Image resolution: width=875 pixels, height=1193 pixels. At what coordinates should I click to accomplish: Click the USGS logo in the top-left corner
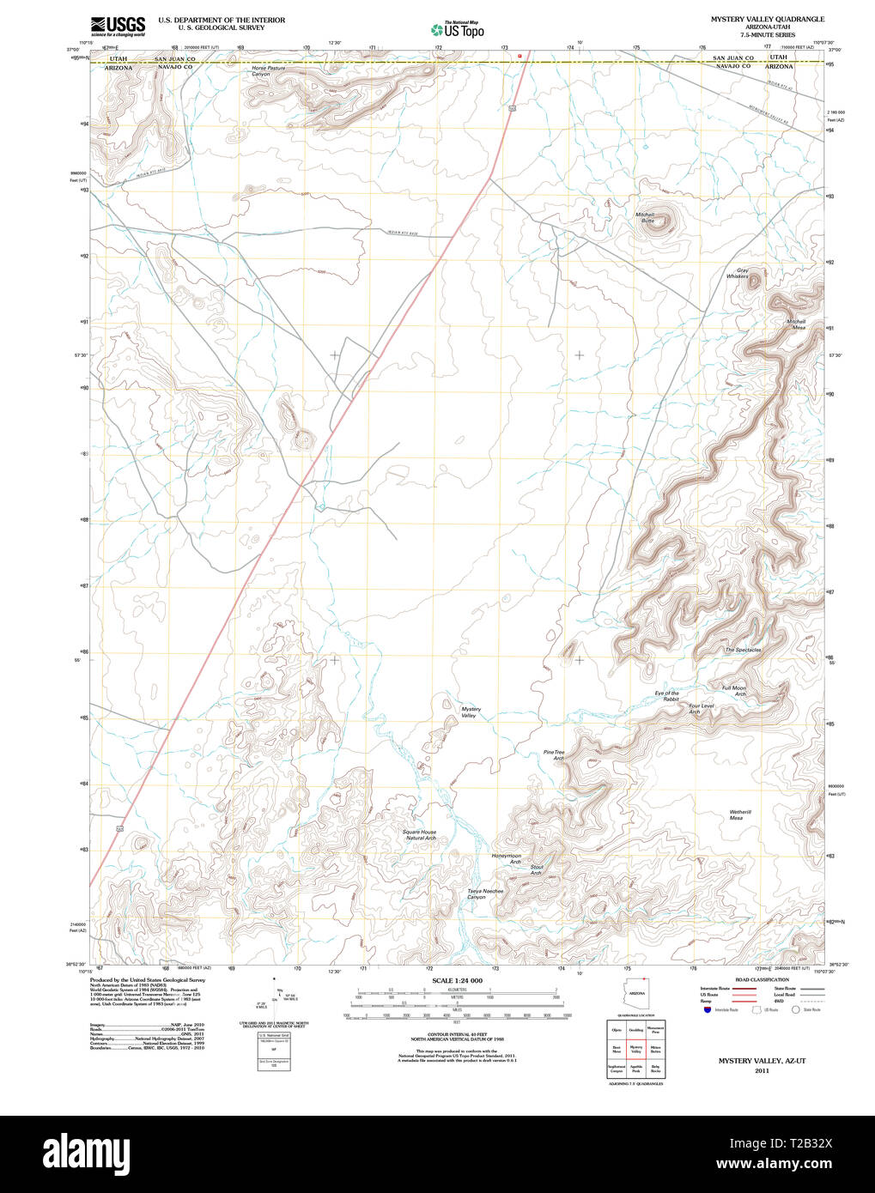coord(118,25)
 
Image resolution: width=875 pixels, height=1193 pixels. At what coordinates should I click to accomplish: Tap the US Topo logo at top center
coord(457,29)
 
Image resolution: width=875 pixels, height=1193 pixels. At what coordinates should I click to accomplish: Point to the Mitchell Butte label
coord(645,217)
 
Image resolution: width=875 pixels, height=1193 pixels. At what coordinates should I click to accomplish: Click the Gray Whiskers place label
coord(738,273)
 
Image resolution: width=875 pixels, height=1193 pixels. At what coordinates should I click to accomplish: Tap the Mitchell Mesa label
coord(796,324)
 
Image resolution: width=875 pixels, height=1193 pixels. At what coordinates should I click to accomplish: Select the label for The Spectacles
coord(743,650)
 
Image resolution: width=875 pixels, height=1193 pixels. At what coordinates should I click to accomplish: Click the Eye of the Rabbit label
coord(667,696)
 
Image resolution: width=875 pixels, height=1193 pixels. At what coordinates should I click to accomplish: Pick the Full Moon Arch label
coord(734,691)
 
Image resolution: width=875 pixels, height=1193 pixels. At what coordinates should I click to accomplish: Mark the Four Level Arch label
coord(701,709)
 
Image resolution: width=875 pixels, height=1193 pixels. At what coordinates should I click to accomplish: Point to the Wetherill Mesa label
coord(740,815)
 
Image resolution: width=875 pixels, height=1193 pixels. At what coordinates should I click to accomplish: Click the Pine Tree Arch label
coord(554,755)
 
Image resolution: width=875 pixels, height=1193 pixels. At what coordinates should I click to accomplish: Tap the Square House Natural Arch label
coord(419,834)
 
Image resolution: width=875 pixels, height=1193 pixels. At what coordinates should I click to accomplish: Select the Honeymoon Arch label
coord(506,858)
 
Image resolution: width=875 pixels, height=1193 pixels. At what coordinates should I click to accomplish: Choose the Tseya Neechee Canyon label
coord(485,893)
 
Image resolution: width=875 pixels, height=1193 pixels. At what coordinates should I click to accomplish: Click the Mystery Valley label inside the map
coord(471,712)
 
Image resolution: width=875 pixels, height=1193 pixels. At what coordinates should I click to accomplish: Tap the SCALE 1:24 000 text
coord(457,980)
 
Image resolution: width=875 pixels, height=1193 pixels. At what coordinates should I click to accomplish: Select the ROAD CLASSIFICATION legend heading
coord(762,979)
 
